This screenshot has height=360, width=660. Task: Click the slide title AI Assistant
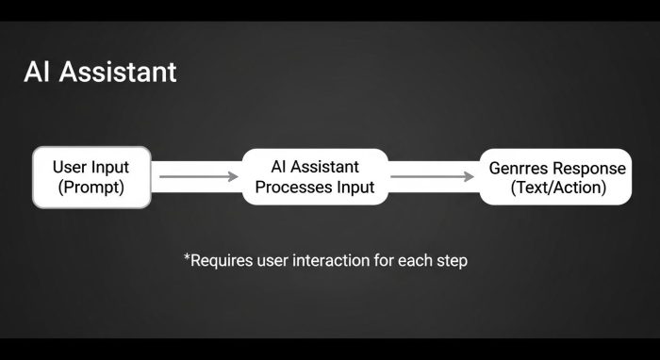(100, 73)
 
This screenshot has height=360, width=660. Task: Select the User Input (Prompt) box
(91, 176)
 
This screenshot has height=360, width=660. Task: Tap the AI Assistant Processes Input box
(316, 176)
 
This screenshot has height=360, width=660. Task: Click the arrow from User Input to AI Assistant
(197, 176)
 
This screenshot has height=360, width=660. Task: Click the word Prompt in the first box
(91, 187)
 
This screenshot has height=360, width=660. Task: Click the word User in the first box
(71, 167)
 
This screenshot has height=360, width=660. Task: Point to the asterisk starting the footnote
(187, 256)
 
